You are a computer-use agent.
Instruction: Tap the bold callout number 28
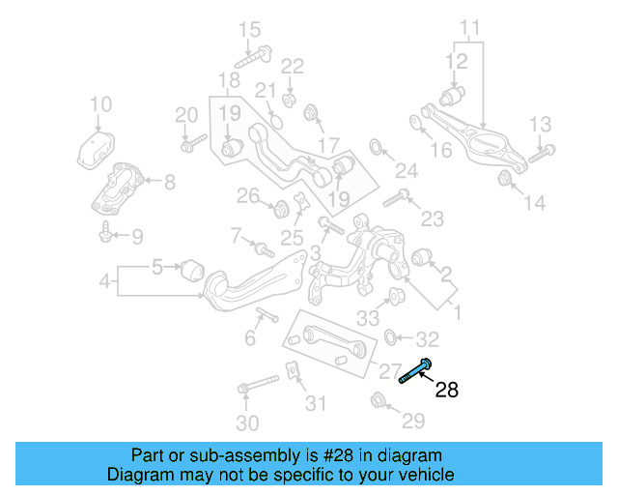tap(446, 391)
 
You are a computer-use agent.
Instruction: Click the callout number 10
tap(100, 104)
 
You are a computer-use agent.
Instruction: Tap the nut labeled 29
tap(379, 399)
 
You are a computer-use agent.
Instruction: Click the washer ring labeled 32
tap(391, 338)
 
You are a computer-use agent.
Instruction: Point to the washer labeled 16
tap(415, 122)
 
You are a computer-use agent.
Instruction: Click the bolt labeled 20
tap(193, 145)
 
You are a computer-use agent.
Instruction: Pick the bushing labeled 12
tap(452, 96)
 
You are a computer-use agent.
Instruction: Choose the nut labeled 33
tap(394, 295)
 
